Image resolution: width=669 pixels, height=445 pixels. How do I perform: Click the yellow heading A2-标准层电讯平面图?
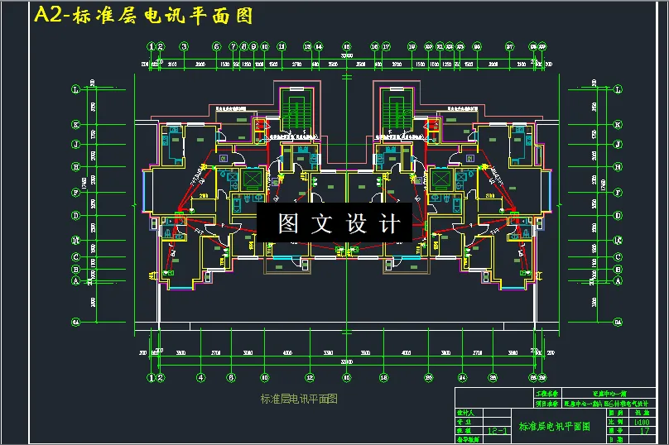(142, 16)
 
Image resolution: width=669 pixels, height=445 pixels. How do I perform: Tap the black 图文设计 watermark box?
(339, 223)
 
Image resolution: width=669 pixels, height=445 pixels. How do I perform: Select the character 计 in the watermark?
(388, 223)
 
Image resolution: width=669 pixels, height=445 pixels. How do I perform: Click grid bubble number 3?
(184, 46)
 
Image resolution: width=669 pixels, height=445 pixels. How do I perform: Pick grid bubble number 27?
(510, 46)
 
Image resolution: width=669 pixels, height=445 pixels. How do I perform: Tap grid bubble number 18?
(386, 46)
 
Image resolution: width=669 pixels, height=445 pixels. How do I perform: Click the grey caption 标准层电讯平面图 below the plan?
(299, 399)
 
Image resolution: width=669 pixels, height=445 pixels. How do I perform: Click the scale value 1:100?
(640, 421)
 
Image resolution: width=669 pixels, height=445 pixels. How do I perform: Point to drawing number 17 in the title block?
(640, 430)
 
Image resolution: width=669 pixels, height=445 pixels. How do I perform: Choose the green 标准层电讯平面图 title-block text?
(554, 426)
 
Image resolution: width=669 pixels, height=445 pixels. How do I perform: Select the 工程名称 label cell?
(547, 394)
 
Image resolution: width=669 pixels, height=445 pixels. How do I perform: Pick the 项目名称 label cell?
(547, 403)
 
